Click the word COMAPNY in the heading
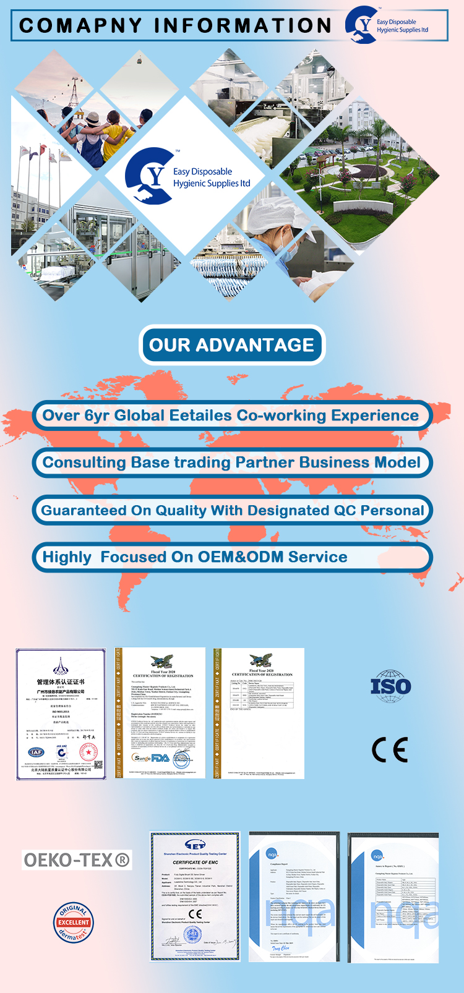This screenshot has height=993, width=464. [81, 25]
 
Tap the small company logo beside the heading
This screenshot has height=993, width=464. [362, 25]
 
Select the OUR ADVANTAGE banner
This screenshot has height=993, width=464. [232, 344]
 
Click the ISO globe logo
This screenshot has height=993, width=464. [390, 685]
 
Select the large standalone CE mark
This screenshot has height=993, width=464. [390, 749]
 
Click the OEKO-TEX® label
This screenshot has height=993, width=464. [77, 859]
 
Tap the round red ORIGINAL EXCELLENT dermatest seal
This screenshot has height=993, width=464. [73, 922]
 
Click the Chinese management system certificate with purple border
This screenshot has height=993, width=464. [61, 714]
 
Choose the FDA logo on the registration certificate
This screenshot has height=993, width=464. [160, 758]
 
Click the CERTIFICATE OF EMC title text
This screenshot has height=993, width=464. [195, 862]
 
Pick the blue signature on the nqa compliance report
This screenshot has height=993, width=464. [280, 948]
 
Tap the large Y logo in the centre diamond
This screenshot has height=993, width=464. [148, 176]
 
